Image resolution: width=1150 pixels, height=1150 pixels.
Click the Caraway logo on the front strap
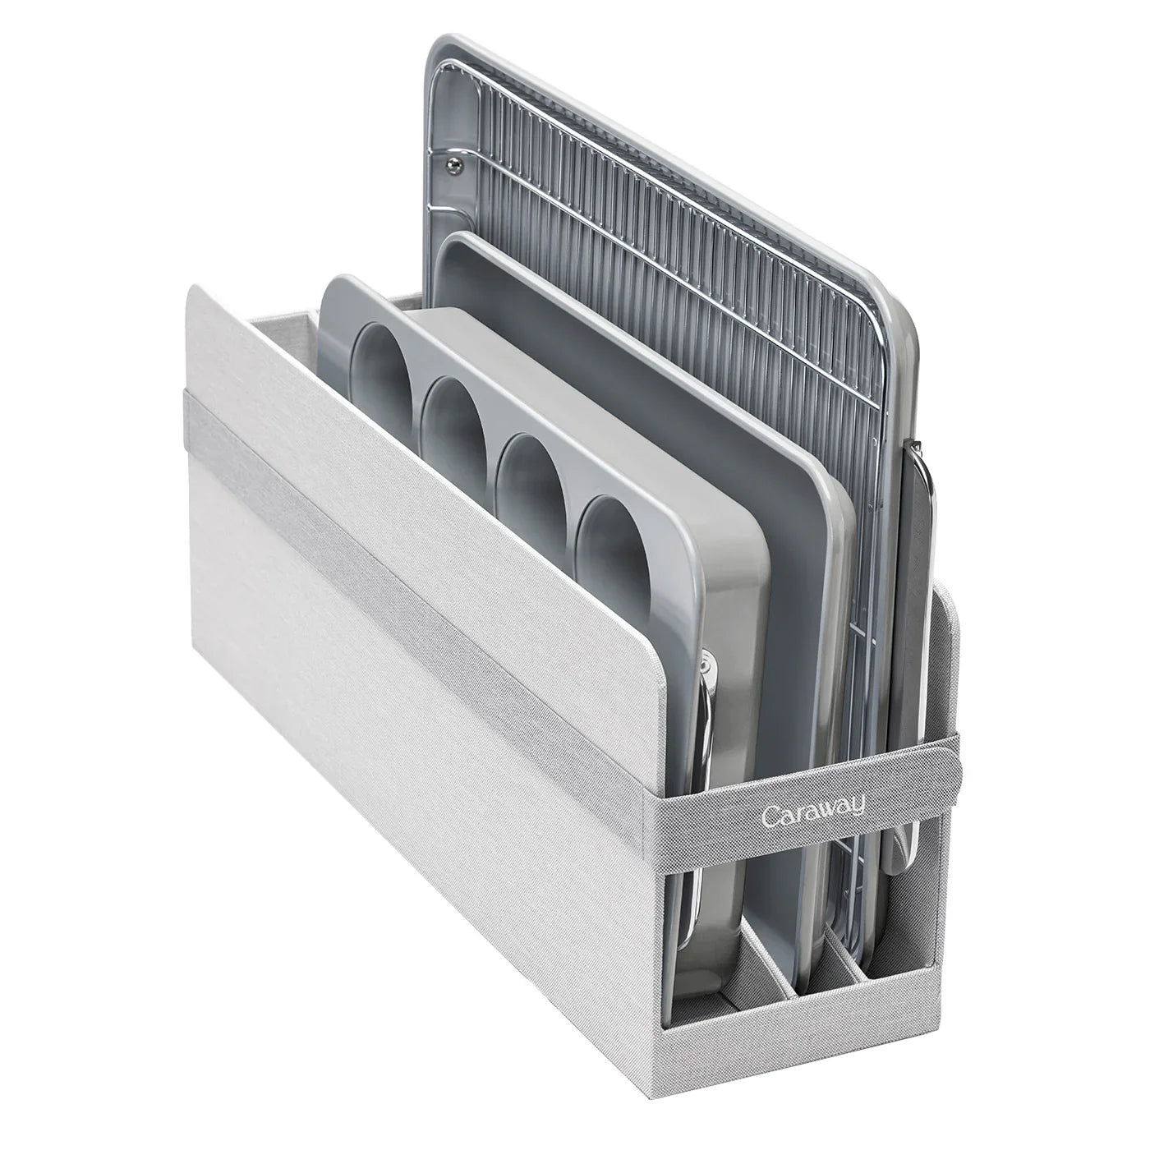[815, 812]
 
